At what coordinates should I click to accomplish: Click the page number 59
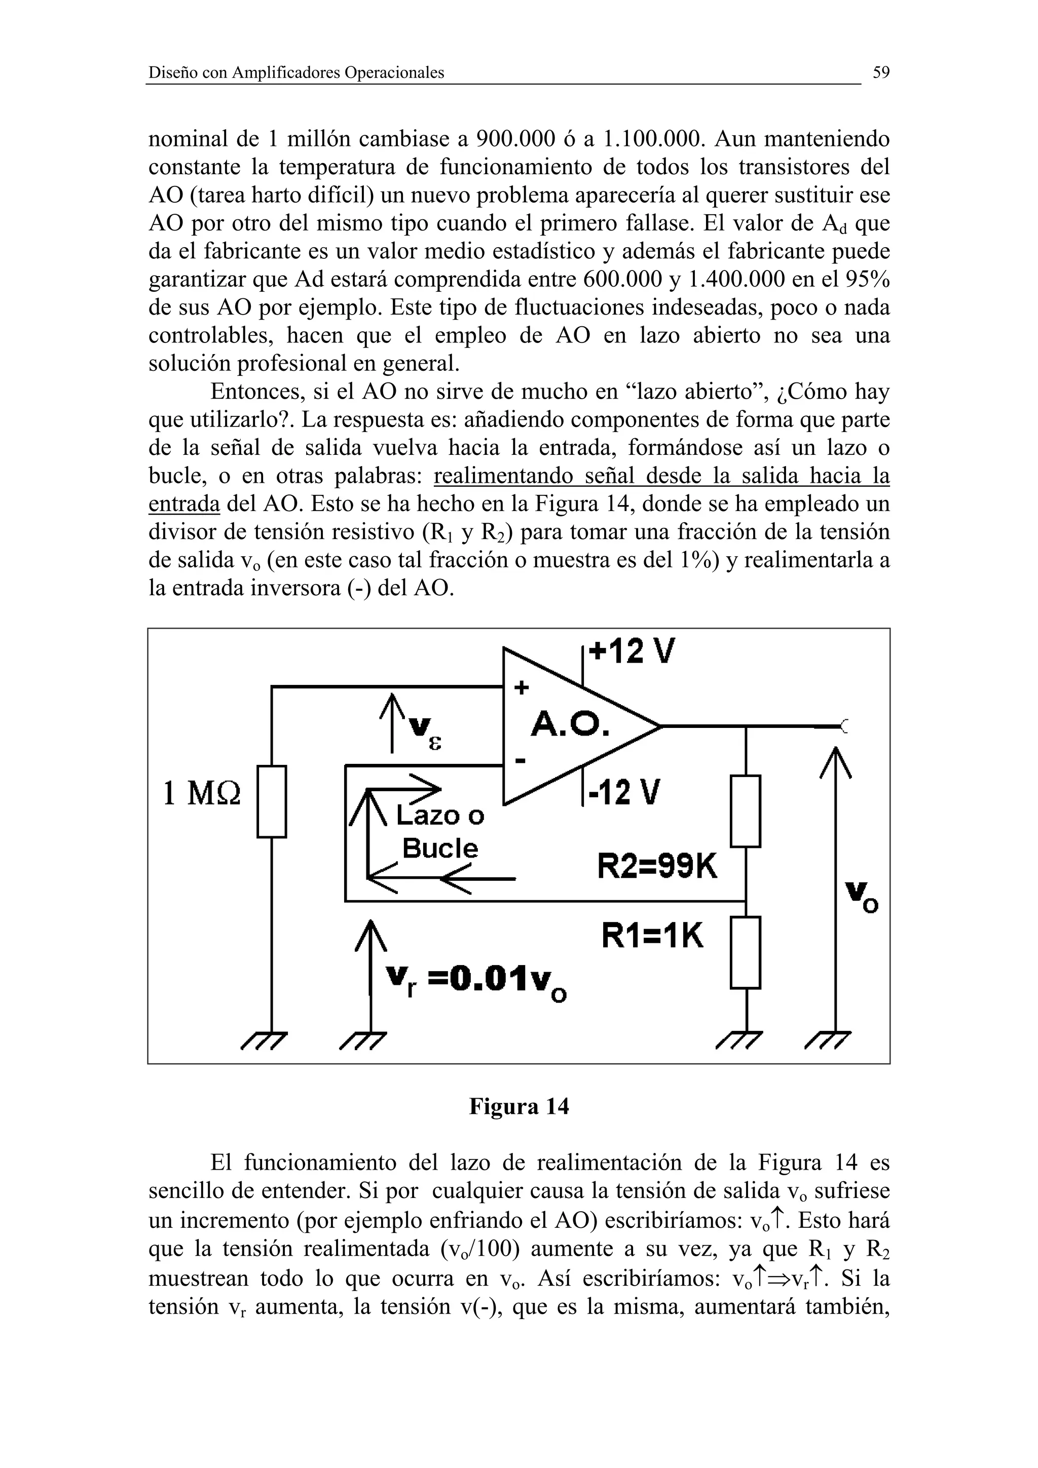881,73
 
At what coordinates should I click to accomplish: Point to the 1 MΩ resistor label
202,793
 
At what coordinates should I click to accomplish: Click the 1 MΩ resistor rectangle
272,801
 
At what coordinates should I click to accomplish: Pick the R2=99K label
657,866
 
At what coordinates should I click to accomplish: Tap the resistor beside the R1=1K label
746,952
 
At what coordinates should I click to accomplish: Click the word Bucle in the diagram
440,848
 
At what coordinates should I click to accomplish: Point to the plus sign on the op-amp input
522,687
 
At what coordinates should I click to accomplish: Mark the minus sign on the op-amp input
520,761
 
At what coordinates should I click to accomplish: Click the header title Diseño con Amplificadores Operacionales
296,73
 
